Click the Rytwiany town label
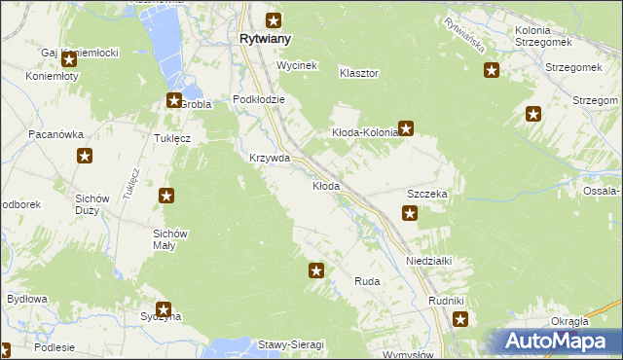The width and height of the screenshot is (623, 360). pos(265,40)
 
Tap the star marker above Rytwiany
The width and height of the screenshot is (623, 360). pos(275,19)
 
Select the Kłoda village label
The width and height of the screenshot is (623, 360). pos(325,186)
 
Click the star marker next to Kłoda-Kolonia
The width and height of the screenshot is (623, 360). pos(407,126)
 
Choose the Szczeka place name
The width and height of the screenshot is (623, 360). pos(426,195)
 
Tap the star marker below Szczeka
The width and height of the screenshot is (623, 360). pos(411,214)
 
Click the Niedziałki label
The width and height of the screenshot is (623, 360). pos(429,262)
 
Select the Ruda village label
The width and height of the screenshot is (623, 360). pos(367,281)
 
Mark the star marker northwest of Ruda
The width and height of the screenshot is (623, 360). pos(316,270)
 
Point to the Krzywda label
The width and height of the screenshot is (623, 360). pos(270,158)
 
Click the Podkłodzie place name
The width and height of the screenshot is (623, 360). pos(258,99)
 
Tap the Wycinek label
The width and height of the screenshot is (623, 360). pos(298,65)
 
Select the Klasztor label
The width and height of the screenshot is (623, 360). pos(358,73)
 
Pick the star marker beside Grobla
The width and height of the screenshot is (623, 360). pos(174,99)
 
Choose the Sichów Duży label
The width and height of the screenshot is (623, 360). pos(97,203)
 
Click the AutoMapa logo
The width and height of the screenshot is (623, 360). pos(557,341)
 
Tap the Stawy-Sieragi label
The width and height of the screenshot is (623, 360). pos(290,344)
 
